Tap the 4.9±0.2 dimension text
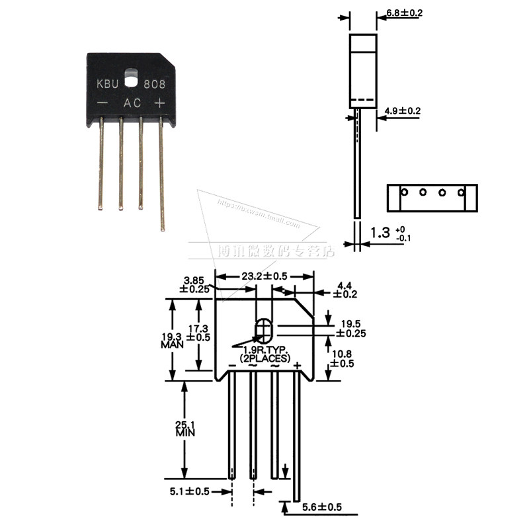pos(402,110)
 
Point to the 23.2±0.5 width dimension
pos(263,276)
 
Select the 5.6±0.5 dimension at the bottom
pos(322,507)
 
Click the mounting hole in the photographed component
pos(133,72)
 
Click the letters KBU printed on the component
pos(108,85)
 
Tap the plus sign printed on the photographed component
pos(159,103)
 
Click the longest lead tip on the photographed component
pos(163,229)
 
